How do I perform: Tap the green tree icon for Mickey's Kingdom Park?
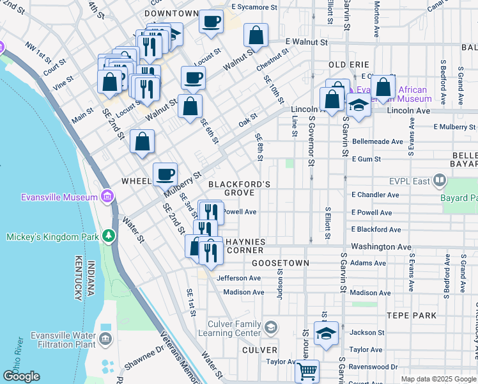(109, 236)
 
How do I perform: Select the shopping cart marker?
(307, 371)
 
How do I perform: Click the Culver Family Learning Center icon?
(271, 327)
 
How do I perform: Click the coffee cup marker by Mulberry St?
(166, 173)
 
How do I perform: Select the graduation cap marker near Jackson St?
(326, 334)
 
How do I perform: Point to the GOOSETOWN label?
(281, 263)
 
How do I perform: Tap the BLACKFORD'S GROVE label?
(240, 188)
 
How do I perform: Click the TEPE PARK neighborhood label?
(412, 316)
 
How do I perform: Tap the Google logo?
(21, 376)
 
